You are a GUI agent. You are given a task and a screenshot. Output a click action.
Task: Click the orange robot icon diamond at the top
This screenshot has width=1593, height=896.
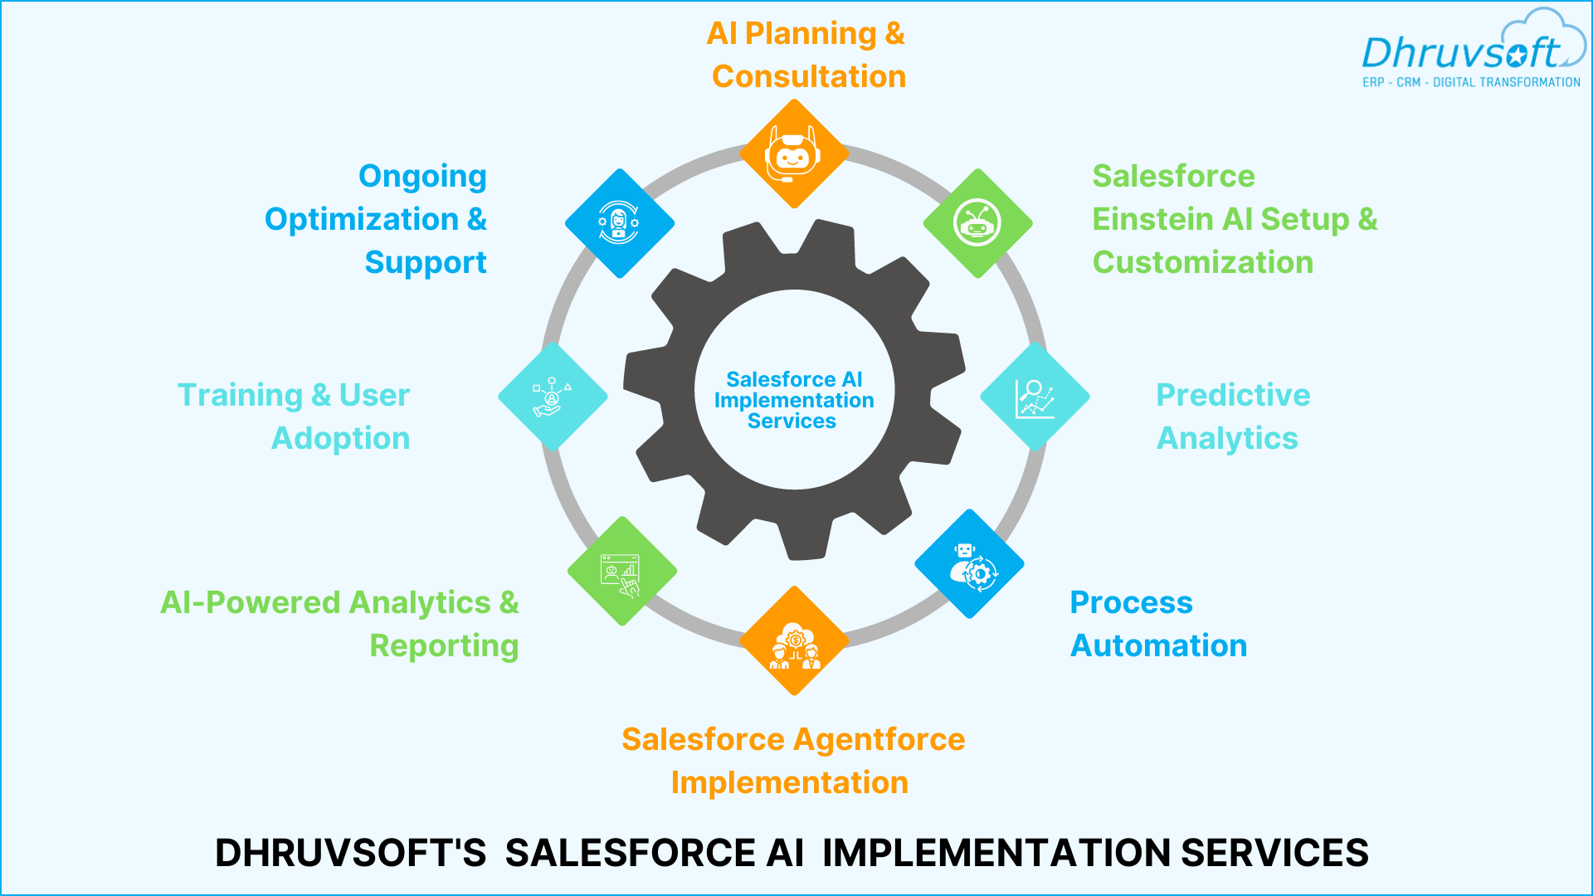point(794,153)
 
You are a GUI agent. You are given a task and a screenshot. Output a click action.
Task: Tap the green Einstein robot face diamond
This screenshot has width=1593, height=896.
point(977,223)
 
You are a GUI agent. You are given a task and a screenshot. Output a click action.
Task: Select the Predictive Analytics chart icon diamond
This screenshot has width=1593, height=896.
point(1035,397)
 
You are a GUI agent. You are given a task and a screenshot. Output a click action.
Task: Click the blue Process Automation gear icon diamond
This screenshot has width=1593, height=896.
point(969,564)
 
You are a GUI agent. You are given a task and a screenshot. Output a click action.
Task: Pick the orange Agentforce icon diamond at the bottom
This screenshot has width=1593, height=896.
point(794,640)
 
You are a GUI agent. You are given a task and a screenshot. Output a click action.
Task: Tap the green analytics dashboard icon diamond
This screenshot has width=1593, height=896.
point(622,571)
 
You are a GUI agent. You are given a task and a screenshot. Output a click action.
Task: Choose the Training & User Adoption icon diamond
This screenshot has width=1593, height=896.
point(553,397)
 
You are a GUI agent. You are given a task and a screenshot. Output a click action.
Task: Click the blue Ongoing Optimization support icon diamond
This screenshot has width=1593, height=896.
point(619,223)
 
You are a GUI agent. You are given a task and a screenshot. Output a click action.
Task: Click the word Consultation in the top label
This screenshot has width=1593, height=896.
point(808,76)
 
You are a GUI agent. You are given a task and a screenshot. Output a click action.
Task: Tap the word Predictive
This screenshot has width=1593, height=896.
point(1233,395)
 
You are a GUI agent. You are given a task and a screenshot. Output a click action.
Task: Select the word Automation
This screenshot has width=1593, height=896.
point(1158,645)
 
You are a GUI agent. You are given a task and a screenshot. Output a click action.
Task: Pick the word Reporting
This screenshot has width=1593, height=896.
point(444,645)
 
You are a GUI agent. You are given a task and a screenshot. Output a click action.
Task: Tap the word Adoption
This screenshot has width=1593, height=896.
point(340,438)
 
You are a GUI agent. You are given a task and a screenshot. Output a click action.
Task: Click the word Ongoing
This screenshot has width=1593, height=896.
point(422,176)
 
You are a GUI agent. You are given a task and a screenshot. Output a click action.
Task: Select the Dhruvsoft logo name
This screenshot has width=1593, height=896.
point(1460,53)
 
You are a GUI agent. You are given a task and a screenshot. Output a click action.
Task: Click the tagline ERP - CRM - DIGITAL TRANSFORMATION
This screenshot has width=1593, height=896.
point(1471,82)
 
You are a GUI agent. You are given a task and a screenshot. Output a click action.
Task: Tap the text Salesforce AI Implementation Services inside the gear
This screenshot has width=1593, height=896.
point(794,400)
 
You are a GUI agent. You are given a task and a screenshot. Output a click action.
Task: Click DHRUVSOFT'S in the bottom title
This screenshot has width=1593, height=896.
point(350,853)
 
